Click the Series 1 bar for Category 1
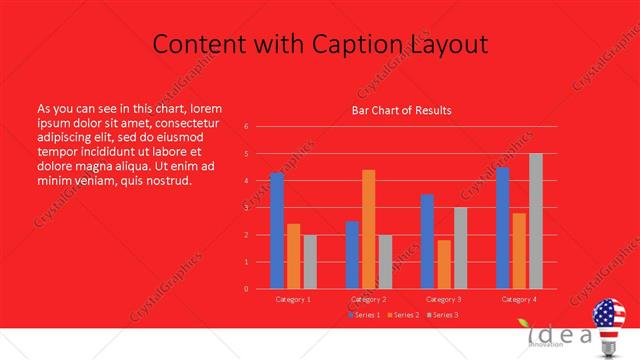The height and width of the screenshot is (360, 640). (x=277, y=231)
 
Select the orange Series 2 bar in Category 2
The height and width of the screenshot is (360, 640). (x=369, y=229)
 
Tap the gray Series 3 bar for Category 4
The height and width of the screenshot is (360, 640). (x=536, y=221)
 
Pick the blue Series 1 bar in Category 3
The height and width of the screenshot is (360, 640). (x=427, y=241)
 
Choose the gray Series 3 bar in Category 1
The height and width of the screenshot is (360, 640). (x=310, y=262)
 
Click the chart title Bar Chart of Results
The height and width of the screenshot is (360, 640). (x=401, y=110)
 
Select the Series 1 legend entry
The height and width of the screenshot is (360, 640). (x=364, y=315)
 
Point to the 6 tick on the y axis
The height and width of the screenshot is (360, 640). (x=246, y=127)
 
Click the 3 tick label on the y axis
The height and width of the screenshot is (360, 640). (x=246, y=208)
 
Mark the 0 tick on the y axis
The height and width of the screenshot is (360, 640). (x=246, y=289)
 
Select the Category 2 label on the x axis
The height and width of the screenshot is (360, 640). (x=369, y=299)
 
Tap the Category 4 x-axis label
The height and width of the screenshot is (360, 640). (x=519, y=299)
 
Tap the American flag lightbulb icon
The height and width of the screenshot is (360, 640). (x=610, y=324)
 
